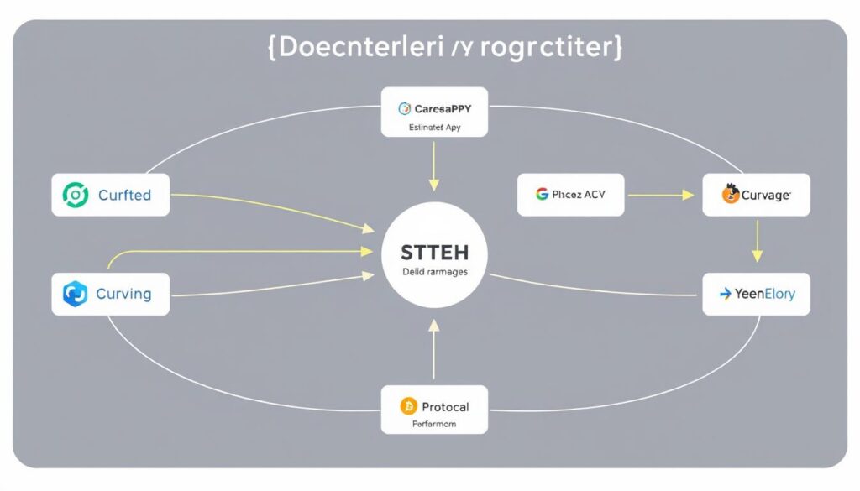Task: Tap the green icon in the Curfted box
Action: pyautogui.click(x=75, y=196)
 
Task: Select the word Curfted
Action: pyautogui.click(x=124, y=196)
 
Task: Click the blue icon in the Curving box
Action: pyautogui.click(x=75, y=295)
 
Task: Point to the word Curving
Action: pyautogui.click(x=123, y=295)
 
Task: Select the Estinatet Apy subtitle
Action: pyautogui.click(x=433, y=128)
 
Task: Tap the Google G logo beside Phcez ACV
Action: pyautogui.click(x=542, y=195)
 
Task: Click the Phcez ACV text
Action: pyautogui.click(x=578, y=195)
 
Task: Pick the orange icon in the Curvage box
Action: pyautogui.click(x=730, y=195)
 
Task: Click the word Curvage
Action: pyautogui.click(x=765, y=196)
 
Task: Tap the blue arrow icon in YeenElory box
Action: pyautogui.click(x=725, y=295)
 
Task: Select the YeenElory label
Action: pyautogui.click(x=765, y=295)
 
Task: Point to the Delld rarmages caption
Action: pyautogui.click(x=435, y=273)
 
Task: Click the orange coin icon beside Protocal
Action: pyautogui.click(x=408, y=406)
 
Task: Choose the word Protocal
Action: pyautogui.click(x=444, y=406)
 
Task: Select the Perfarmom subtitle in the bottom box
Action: pyautogui.click(x=433, y=425)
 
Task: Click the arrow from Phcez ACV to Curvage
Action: pyautogui.click(x=660, y=195)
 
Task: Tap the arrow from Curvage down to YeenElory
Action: pyautogui.click(x=757, y=241)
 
